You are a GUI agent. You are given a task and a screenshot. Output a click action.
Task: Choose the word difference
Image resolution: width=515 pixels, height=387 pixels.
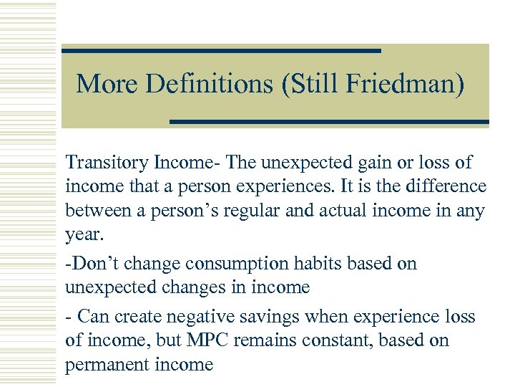pyautogui.click(x=445, y=187)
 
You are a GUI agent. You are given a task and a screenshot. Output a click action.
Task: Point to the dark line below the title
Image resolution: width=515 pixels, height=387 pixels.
pyautogui.click(x=329, y=122)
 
